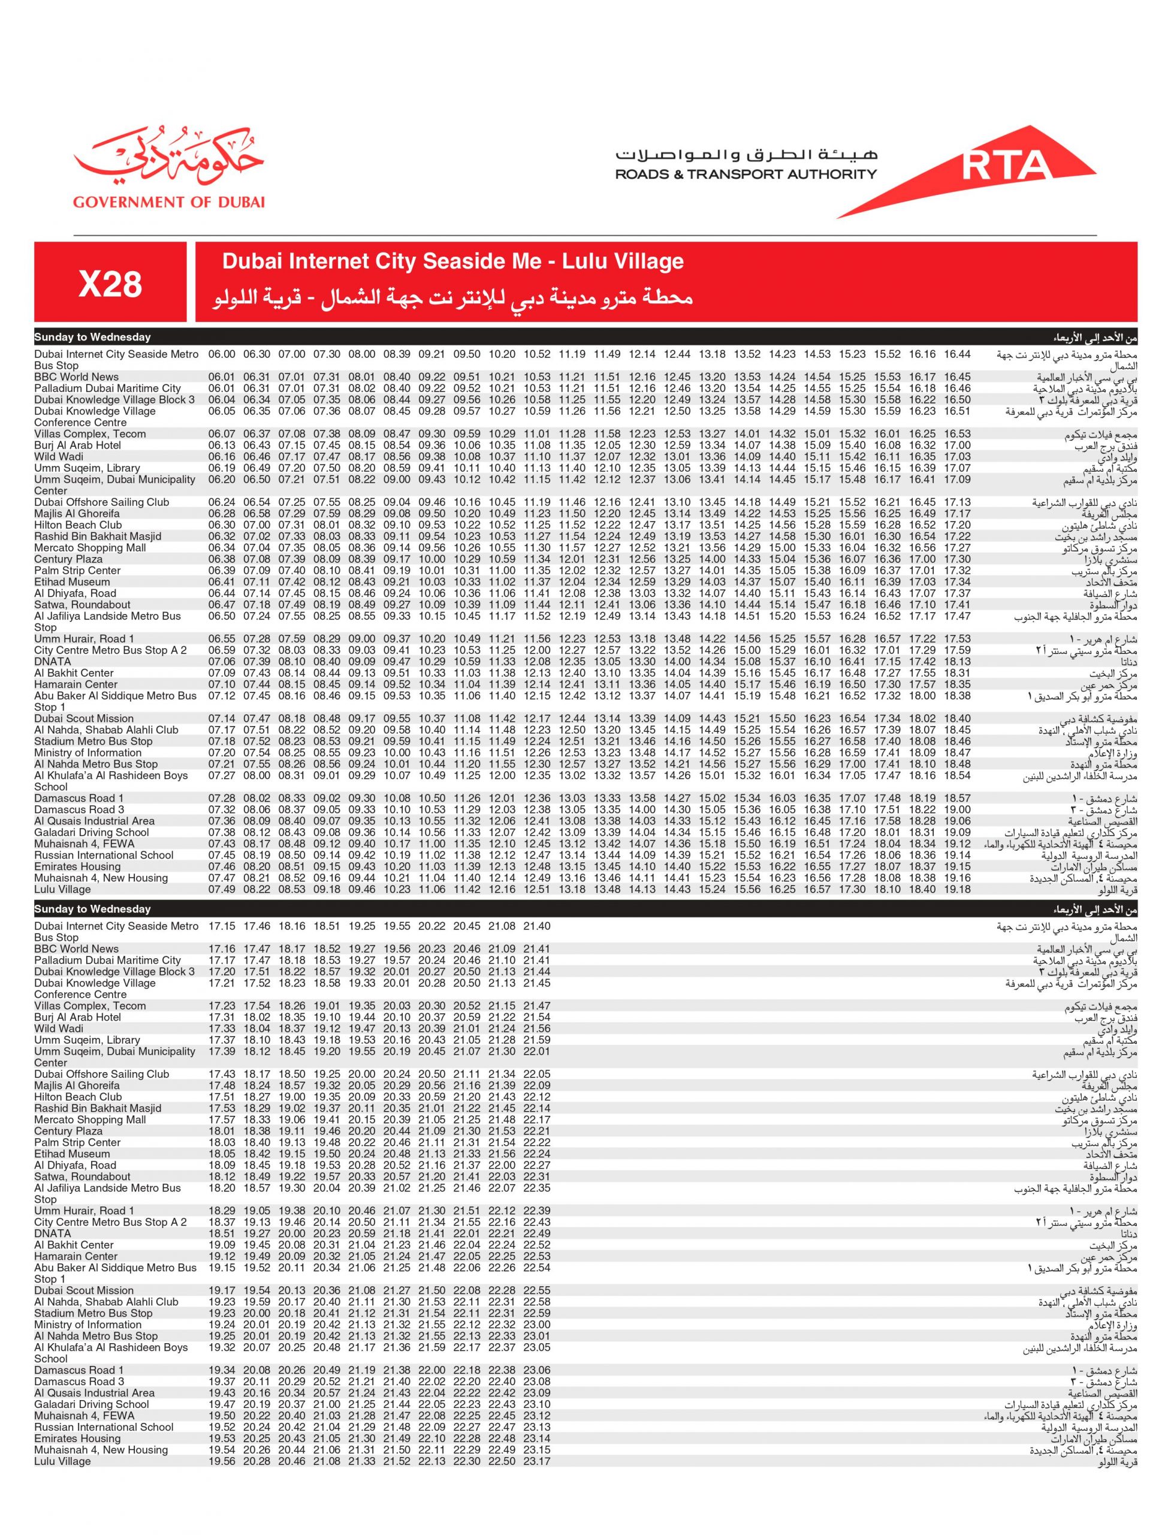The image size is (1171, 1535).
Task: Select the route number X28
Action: point(110,284)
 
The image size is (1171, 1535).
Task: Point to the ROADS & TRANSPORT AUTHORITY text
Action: point(745,174)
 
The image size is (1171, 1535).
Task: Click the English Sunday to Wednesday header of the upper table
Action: point(93,338)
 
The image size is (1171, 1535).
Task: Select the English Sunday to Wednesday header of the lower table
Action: point(93,910)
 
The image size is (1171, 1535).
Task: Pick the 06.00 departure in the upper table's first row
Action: point(222,354)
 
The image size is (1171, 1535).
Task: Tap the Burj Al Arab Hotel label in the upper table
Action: point(77,446)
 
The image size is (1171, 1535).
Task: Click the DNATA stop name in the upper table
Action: point(52,662)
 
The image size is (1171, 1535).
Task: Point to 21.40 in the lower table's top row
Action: point(537,926)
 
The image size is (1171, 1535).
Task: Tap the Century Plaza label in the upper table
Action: point(68,559)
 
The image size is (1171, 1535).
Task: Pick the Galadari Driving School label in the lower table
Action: point(91,1404)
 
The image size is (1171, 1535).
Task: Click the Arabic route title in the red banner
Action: point(453,299)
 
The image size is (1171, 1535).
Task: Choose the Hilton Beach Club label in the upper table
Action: point(78,525)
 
